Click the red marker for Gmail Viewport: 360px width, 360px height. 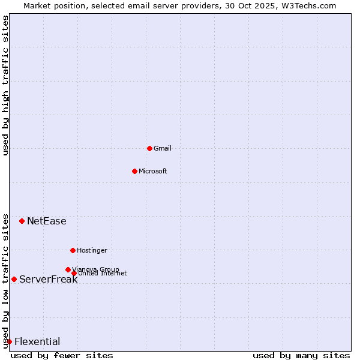click(x=149, y=148)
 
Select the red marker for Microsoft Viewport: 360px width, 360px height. click(x=134, y=171)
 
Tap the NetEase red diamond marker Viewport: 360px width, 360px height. click(x=22, y=221)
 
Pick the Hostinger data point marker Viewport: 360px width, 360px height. click(x=73, y=250)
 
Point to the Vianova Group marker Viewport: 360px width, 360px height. click(x=68, y=269)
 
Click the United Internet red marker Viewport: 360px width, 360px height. click(x=74, y=273)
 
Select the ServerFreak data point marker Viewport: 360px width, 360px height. click(x=14, y=279)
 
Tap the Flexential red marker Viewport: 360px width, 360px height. click(x=9, y=341)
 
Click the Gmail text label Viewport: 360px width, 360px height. click(x=163, y=148)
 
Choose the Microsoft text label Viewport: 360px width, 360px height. click(x=153, y=171)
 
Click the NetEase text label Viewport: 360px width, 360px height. click(x=47, y=221)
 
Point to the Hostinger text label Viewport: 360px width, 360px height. click(x=92, y=250)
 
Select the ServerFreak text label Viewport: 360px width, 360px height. click(x=48, y=279)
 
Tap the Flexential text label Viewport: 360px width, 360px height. click(x=37, y=341)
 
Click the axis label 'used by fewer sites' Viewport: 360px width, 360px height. click(x=62, y=355)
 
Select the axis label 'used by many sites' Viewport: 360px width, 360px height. click(x=301, y=355)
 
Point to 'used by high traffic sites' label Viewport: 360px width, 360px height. click(x=5, y=85)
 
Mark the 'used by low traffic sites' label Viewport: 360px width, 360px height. click(x=5, y=280)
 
